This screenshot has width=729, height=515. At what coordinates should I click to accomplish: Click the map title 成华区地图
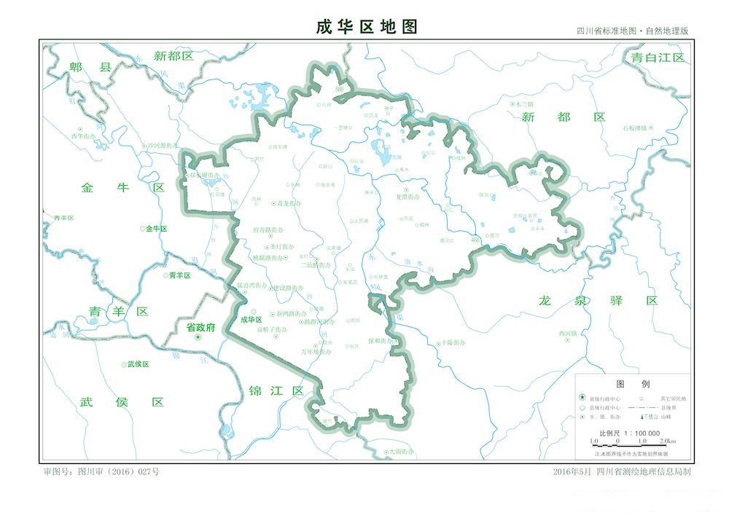(367, 27)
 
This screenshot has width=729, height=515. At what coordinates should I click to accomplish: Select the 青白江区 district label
(658, 58)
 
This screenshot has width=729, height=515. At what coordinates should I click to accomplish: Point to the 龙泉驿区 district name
(599, 300)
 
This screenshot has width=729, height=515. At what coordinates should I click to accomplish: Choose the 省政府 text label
(201, 328)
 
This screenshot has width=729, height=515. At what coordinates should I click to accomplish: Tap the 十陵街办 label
(451, 342)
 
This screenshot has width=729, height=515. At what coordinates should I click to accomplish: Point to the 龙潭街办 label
(408, 197)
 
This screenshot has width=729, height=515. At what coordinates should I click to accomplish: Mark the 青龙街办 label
(286, 204)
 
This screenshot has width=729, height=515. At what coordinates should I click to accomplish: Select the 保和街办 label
(381, 340)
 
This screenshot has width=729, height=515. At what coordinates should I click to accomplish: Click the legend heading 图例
(632, 384)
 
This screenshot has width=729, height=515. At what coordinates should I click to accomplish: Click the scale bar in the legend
(632, 441)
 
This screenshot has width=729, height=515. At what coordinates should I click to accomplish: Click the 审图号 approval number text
(101, 471)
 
